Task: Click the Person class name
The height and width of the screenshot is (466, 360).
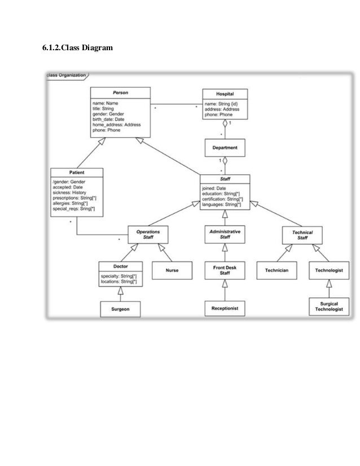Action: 120,93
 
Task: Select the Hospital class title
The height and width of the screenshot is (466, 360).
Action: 225,94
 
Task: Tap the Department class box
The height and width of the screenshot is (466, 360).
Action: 225,148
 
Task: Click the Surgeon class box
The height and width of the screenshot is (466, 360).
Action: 120,309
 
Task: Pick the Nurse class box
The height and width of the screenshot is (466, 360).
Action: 172,270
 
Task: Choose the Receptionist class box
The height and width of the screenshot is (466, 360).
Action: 225,309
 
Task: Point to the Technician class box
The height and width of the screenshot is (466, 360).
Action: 277,270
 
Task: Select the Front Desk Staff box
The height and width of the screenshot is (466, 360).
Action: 225,270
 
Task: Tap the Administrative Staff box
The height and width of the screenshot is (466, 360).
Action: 225,235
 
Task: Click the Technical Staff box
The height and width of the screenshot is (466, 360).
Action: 302,235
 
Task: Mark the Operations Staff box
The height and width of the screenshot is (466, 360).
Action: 148,235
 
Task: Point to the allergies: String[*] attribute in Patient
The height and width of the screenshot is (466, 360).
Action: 73,204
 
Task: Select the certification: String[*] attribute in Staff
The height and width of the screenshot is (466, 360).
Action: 223,199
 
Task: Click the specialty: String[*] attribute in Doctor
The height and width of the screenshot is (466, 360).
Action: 118,276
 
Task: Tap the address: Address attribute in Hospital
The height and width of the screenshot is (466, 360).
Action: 222,109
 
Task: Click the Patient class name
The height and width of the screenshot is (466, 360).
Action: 77,172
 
